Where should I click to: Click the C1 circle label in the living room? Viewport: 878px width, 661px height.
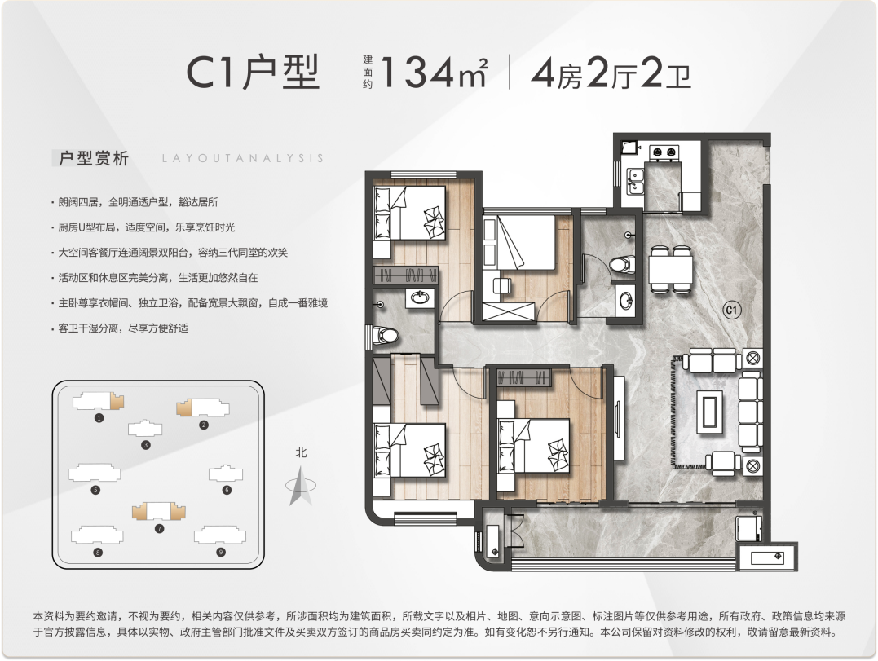pos(732,310)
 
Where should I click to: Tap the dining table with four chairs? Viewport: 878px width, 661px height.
pos(670,269)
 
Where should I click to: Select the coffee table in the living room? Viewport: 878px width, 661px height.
pos(709,412)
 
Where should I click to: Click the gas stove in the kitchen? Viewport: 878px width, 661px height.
pos(664,152)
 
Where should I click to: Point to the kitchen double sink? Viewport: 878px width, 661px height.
pos(635,182)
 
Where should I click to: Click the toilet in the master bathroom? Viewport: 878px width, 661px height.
pos(386,335)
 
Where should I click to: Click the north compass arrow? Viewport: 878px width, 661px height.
pos(300,485)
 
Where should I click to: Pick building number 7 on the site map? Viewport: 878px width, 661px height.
pos(159,511)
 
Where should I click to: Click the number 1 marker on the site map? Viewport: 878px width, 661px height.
pos(99,417)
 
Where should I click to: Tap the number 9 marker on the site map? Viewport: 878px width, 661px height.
pos(221,552)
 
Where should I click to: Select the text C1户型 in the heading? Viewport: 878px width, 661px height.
pos(253,73)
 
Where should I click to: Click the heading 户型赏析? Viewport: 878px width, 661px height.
pos(94,158)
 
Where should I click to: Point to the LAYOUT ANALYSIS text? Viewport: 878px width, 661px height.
pos(242,158)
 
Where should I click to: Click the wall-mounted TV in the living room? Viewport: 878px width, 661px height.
pos(618,418)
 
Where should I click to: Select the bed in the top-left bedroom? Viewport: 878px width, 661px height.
pos(411,214)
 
